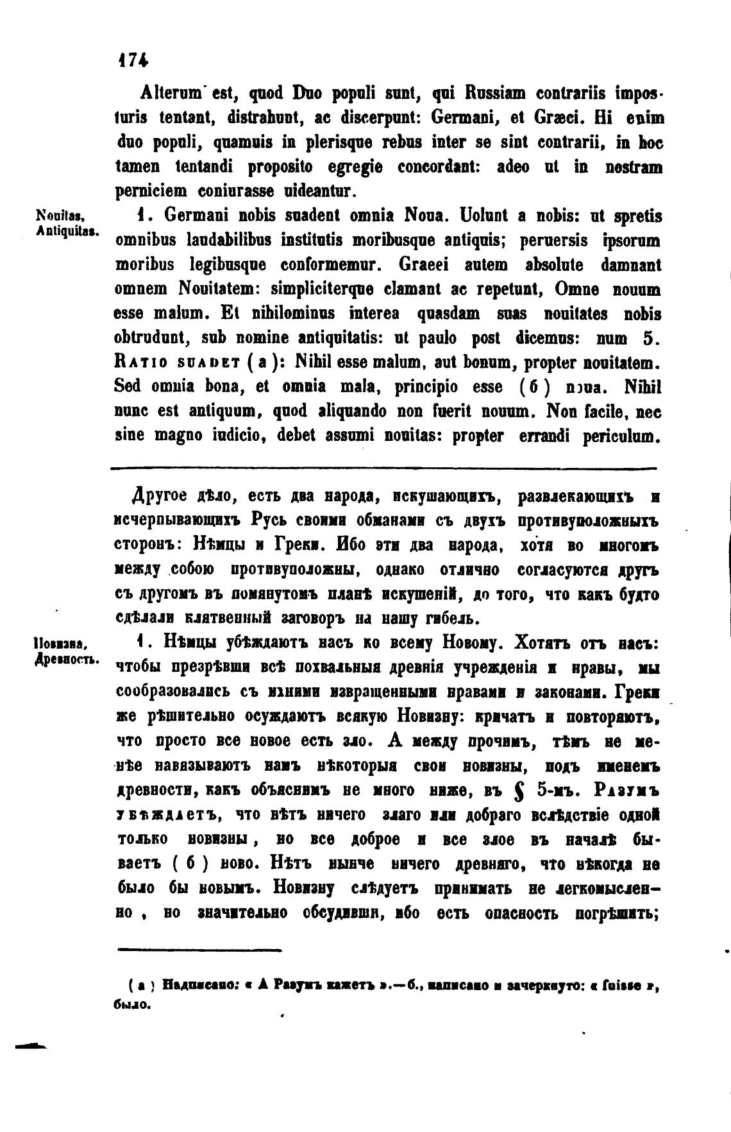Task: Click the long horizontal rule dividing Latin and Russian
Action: tap(383, 468)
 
